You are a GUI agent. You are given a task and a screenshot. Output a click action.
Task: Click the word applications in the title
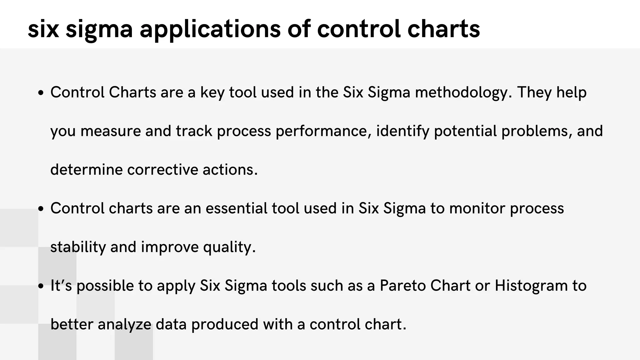click(210, 29)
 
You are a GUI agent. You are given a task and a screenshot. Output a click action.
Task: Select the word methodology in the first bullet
click(463, 93)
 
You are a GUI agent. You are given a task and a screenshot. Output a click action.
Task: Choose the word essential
click(237, 208)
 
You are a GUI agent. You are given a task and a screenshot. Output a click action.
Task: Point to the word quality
click(229, 247)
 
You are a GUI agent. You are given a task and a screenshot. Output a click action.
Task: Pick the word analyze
click(124, 324)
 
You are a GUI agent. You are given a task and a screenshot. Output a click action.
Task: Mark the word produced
click(225, 324)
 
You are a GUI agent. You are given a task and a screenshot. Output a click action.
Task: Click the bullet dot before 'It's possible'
click(40, 286)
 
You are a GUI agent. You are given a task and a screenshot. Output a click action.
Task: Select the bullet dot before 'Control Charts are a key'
click(40, 93)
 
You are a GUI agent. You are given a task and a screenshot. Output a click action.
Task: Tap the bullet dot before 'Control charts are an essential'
click(40, 209)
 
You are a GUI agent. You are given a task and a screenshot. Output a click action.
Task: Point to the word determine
click(87, 170)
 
